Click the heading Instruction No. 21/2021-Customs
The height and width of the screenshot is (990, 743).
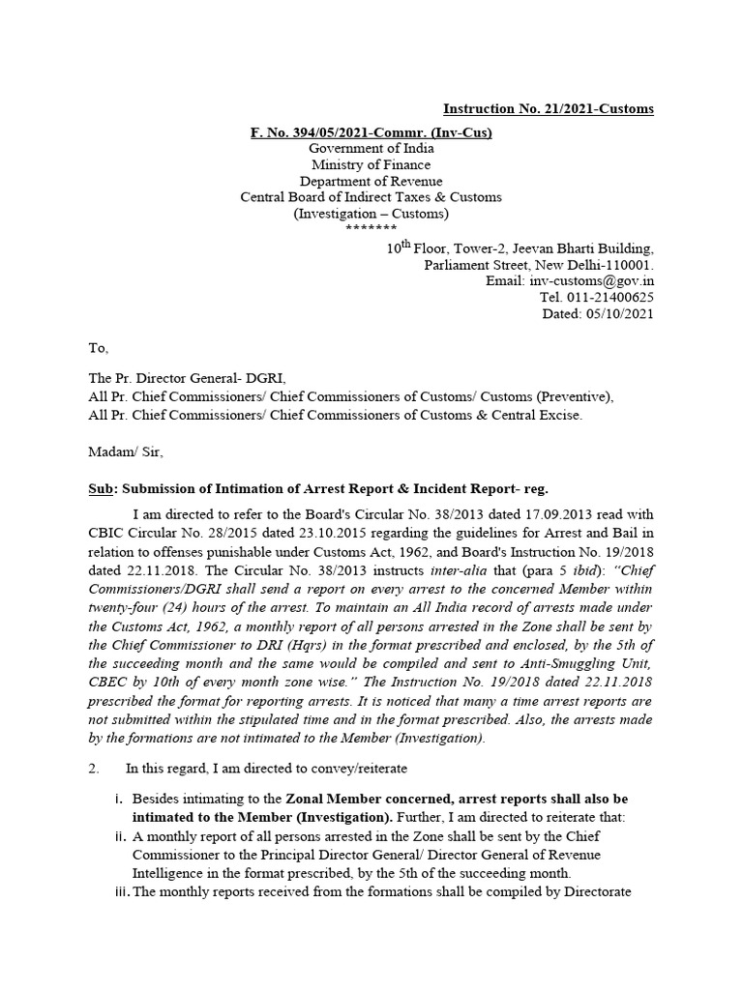(x=548, y=109)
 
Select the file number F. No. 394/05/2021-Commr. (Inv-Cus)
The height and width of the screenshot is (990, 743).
(x=371, y=131)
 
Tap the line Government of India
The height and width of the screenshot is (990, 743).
(x=371, y=148)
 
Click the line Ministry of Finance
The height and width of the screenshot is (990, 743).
(x=371, y=164)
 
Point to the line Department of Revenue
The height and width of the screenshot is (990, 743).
(x=371, y=181)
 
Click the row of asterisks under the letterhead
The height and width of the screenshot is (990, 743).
(x=371, y=228)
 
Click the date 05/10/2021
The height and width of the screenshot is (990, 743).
(x=620, y=314)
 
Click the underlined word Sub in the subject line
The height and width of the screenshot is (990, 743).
(x=101, y=489)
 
